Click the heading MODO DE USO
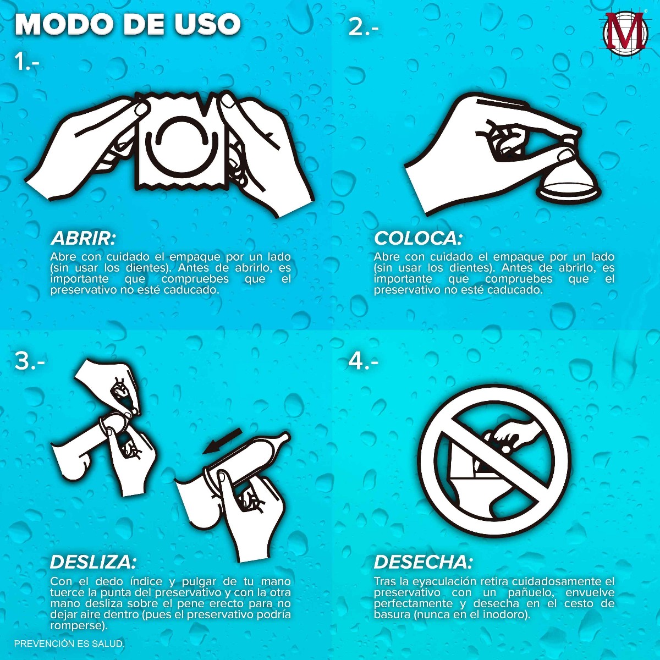pos(128,24)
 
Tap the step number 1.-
pos(27,62)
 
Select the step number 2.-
pos(364,28)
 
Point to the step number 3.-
pos(30,361)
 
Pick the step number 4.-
pos(364,361)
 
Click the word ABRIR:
pos(83,239)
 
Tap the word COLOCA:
pos(418,239)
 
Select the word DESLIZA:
pos(93,563)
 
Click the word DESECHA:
pos(423,563)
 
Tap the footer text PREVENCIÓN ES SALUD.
pos(69,643)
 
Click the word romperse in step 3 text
pos(76,626)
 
